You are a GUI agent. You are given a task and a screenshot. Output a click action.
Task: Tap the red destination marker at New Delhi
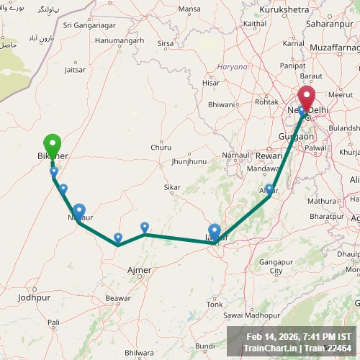[307, 98]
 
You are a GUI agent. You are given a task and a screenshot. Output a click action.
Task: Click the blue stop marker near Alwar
[269, 190]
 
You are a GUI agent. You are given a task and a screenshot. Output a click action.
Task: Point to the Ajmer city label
[139, 270]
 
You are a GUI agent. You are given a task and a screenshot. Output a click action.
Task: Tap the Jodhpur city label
[35, 297]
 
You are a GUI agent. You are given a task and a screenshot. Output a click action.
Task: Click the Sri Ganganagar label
[89, 25]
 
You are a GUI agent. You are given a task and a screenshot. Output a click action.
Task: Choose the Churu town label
[161, 148]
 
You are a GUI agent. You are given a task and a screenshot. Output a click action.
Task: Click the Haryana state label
[233, 66]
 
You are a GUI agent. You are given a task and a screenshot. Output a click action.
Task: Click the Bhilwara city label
[139, 353]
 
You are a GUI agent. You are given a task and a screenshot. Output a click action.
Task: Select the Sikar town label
[172, 187]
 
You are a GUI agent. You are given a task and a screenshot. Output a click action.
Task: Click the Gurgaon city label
[296, 136]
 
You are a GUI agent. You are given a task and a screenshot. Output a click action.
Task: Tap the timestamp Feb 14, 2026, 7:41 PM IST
[299, 336]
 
